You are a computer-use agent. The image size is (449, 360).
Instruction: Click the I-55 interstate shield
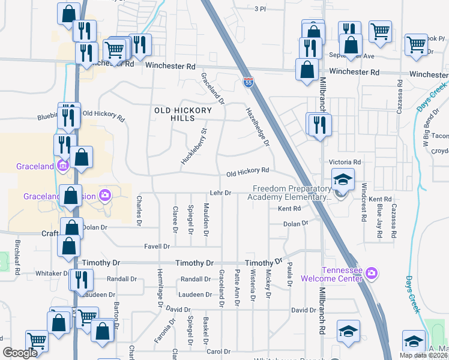tap(248, 82)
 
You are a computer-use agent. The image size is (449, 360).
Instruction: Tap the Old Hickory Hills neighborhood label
tap(183, 114)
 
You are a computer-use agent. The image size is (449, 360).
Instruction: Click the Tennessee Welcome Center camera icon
tap(372, 274)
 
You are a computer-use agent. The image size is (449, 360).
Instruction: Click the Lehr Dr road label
tap(220, 193)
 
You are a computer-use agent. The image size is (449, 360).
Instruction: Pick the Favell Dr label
tap(157, 247)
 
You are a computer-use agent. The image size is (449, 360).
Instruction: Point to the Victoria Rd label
tap(345, 162)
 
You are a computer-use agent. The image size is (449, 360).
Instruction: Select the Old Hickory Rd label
tap(247, 171)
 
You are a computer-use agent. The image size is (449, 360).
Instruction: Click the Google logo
tap(20, 353)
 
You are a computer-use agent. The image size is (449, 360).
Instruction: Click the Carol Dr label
tap(218, 351)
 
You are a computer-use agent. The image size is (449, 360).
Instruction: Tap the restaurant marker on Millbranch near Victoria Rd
tap(319, 125)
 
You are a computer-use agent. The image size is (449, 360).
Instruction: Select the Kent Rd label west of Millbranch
tap(289, 209)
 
